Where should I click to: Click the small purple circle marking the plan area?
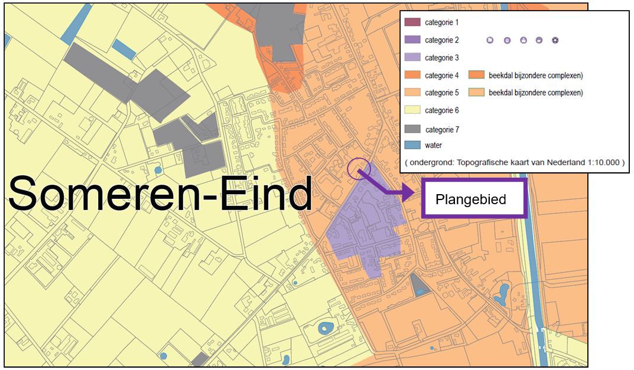[x=359, y=169]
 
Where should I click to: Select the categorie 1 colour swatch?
[x=412, y=22]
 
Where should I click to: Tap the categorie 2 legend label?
[x=442, y=40]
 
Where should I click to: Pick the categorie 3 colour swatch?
[x=412, y=58]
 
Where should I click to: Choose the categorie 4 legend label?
[x=442, y=76]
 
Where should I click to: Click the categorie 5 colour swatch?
[x=412, y=93]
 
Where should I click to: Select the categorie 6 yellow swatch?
[x=412, y=110]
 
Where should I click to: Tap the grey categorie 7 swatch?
[x=412, y=129]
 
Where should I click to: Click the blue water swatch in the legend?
[x=412, y=145]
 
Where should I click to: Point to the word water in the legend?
[x=433, y=145]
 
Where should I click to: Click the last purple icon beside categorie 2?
[x=555, y=40]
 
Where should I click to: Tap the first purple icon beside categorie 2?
[x=490, y=40]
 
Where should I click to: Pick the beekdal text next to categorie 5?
[x=535, y=93]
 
